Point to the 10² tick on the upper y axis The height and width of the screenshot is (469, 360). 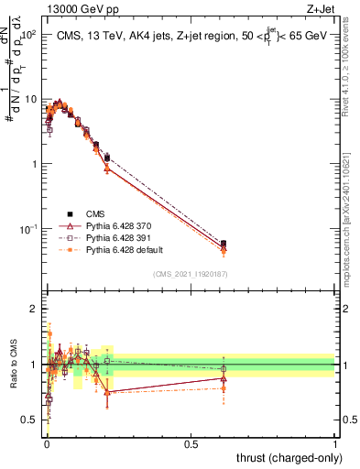point(28,35)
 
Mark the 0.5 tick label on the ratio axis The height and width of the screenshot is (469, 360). point(32,420)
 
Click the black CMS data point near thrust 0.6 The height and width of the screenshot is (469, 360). point(224,244)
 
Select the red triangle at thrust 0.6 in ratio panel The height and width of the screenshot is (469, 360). point(224,378)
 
